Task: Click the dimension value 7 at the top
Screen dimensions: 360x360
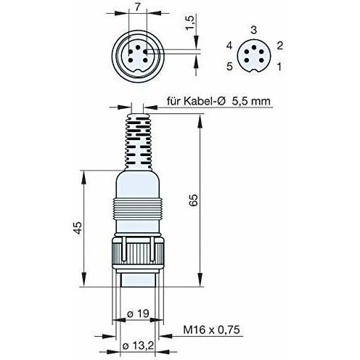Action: [137, 7]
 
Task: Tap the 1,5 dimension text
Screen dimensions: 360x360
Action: [190, 22]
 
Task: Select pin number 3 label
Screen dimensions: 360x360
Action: [253, 30]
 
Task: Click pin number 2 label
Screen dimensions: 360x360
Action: [279, 46]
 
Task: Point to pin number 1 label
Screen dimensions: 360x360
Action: [279, 67]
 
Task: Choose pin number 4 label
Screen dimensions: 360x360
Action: [229, 46]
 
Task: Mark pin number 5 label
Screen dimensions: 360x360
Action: [229, 66]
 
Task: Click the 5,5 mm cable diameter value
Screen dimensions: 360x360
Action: [251, 101]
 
